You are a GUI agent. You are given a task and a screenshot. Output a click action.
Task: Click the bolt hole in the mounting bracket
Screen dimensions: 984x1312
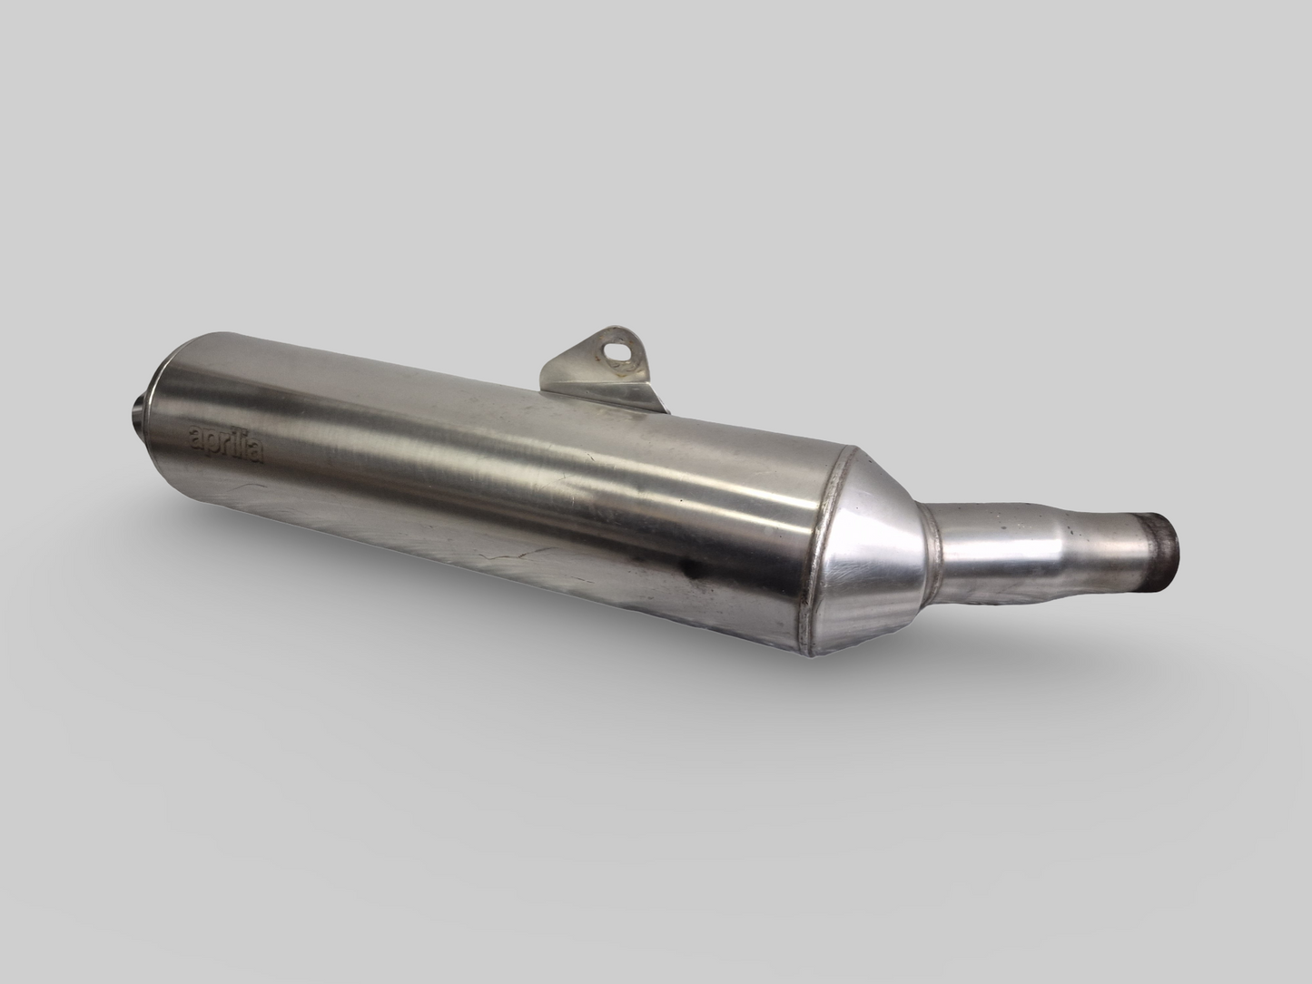point(621,348)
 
